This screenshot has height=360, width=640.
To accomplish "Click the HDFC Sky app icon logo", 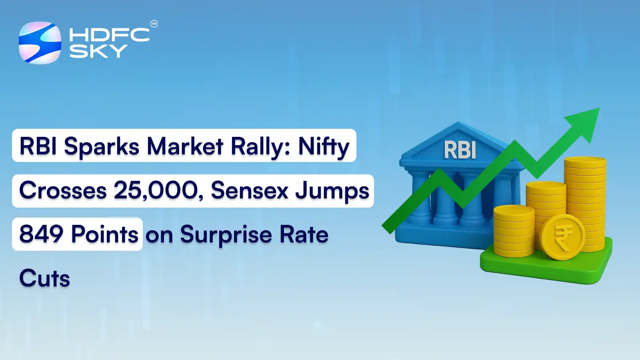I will (40, 43).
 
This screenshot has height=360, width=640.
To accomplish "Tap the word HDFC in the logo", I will (109, 35).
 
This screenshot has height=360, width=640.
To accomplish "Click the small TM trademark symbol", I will (154, 24).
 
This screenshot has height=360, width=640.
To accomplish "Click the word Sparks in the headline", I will (102, 146).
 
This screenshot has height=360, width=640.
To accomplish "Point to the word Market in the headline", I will (185, 146).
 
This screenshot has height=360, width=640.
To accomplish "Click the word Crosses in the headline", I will (63, 190).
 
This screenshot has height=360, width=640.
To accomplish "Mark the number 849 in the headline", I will (41, 234).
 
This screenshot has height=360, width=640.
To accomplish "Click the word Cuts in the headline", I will (45, 278).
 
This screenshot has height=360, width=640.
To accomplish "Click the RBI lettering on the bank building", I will (460, 150).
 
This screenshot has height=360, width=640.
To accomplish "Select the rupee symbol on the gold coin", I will (562, 237).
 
